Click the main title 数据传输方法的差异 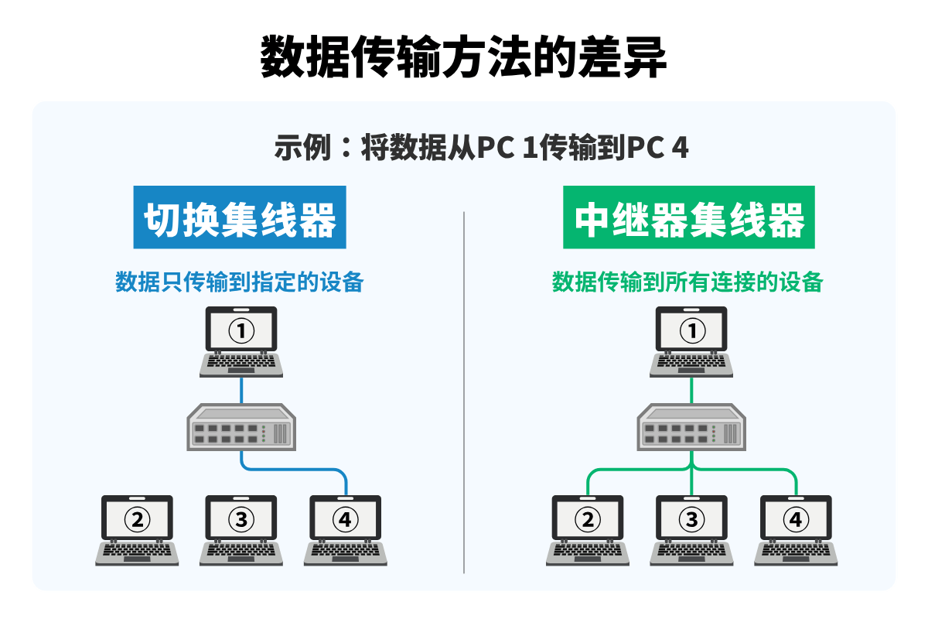tap(463, 56)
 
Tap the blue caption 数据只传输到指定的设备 tap(240, 282)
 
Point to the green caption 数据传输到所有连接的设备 tap(687, 282)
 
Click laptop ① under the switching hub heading tap(241, 340)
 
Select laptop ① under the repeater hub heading tap(692, 340)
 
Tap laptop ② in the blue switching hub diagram tap(138, 529)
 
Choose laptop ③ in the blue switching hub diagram tap(241, 529)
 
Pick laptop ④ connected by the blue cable tap(346, 529)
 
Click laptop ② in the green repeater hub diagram tap(588, 529)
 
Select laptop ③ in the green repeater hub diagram tap(692, 529)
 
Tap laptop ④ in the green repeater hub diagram tap(797, 529)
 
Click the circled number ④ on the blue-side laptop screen tap(346, 519)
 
